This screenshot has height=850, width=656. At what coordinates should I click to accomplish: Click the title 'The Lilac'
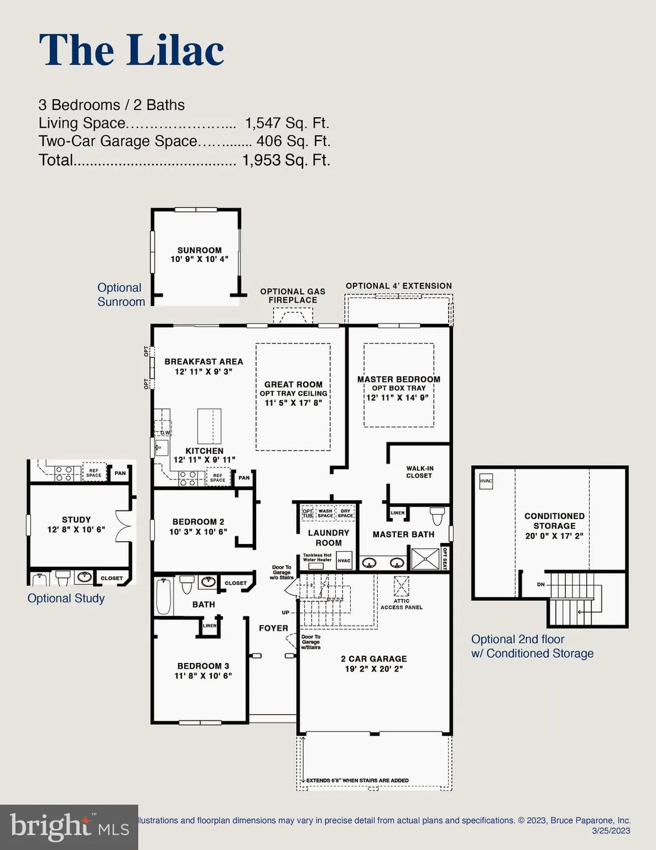(x=131, y=50)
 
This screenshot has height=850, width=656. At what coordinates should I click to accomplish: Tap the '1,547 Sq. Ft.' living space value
(x=287, y=123)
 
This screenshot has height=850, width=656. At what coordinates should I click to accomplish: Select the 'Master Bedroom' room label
(x=398, y=379)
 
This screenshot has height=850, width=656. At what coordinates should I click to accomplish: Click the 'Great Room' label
(x=293, y=384)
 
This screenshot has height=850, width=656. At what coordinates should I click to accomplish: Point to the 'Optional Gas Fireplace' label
(x=292, y=296)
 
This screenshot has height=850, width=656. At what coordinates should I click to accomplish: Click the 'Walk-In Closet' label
(x=419, y=472)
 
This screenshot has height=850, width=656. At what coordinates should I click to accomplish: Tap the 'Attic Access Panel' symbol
(x=401, y=584)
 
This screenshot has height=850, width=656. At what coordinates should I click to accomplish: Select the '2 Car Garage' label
(x=373, y=658)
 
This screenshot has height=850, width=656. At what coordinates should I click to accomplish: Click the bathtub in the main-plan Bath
(x=164, y=596)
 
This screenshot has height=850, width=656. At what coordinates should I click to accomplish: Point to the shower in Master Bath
(x=425, y=559)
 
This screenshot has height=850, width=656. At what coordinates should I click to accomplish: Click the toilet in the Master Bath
(x=437, y=516)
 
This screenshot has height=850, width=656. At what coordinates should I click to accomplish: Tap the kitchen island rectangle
(x=209, y=426)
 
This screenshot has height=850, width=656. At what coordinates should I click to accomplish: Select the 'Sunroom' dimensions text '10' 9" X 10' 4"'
(x=199, y=259)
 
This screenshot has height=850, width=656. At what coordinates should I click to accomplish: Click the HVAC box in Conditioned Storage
(x=486, y=481)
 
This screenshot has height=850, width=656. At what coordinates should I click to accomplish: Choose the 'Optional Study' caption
(x=66, y=598)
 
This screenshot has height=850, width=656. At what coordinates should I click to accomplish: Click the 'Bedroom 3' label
(x=203, y=666)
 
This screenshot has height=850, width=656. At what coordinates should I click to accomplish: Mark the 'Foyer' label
(x=273, y=628)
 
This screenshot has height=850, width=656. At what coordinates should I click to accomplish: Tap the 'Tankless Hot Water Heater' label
(x=317, y=558)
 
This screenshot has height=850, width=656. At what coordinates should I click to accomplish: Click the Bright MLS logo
(x=69, y=827)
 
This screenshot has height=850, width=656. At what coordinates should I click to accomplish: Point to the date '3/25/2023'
(x=611, y=831)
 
